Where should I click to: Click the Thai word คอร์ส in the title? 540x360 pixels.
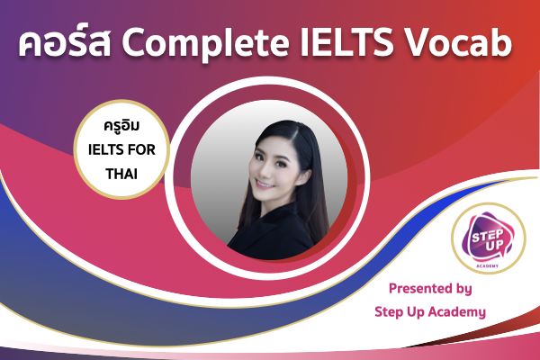(65, 42)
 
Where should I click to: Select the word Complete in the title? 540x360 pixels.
(205, 44)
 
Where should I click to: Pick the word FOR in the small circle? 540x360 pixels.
(141, 150)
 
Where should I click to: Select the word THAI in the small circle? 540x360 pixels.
(121, 174)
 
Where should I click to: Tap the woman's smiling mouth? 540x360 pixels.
(265, 184)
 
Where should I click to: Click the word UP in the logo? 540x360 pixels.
(495, 246)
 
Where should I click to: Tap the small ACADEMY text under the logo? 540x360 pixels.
(487, 266)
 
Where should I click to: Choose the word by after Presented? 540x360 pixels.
(463, 289)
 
